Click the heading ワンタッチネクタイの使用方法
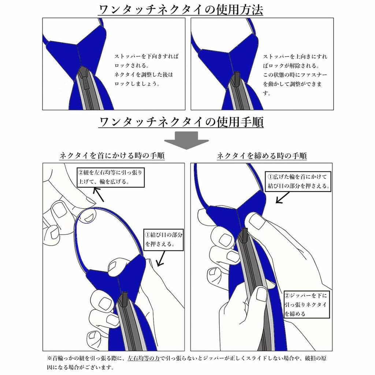click(181, 10)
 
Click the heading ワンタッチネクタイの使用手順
click(181, 122)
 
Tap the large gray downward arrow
click(186, 140)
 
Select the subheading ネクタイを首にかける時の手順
click(112, 156)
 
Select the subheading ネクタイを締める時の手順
click(261, 156)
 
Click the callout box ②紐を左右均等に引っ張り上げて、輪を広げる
click(111, 177)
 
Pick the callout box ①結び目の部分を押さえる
click(163, 240)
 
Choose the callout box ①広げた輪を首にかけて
click(298, 181)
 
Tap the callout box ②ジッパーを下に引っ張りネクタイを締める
click(306, 305)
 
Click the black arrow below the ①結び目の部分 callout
click(160, 258)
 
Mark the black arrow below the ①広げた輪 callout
click(282, 197)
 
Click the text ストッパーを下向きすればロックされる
click(146, 61)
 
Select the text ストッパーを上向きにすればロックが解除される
click(295, 61)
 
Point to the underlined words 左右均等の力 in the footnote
click(143, 358)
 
